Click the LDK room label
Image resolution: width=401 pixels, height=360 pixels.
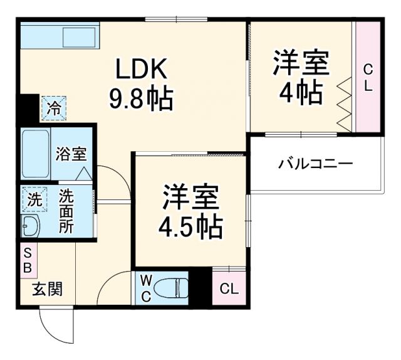click(141, 68)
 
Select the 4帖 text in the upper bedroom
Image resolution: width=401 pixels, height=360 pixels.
click(300, 92)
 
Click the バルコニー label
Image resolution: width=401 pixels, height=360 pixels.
click(316, 164)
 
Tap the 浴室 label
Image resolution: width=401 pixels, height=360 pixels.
click(70, 154)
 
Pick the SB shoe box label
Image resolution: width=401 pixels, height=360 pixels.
click(28, 259)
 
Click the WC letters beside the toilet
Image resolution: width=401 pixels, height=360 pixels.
click(145, 289)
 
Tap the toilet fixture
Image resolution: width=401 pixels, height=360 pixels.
click(174, 288)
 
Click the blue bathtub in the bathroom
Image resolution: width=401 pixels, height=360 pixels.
click(34, 154)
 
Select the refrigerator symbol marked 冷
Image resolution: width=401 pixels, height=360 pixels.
click(54, 107)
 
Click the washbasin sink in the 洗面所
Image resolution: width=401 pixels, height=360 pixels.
click(30, 226)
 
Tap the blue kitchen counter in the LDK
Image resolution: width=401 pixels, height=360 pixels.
click(59, 38)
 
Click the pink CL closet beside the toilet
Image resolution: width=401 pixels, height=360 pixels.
click(229, 289)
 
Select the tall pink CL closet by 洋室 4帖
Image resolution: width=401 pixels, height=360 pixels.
click(367, 77)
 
